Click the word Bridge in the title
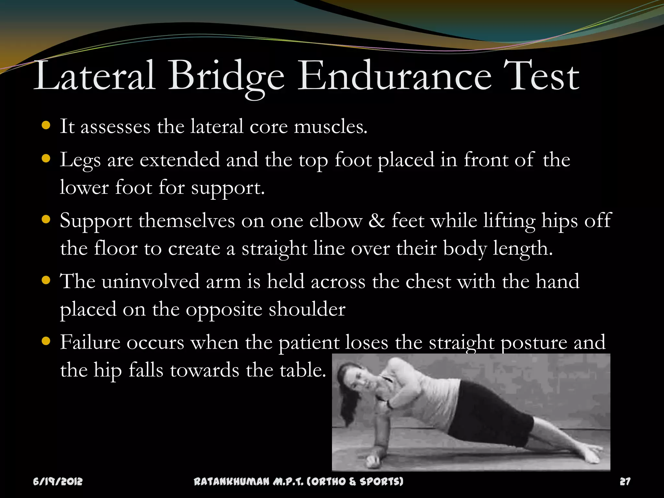click(x=226, y=76)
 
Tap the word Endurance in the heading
click(x=394, y=76)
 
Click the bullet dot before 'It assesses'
click(x=46, y=125)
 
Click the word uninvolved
click(x=150, y=281)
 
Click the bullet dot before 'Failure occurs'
click(x=46, y=341)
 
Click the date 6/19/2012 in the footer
click(x=58, y=481)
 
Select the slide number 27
click(x=625, y=481)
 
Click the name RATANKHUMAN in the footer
click(x=231, y=481)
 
